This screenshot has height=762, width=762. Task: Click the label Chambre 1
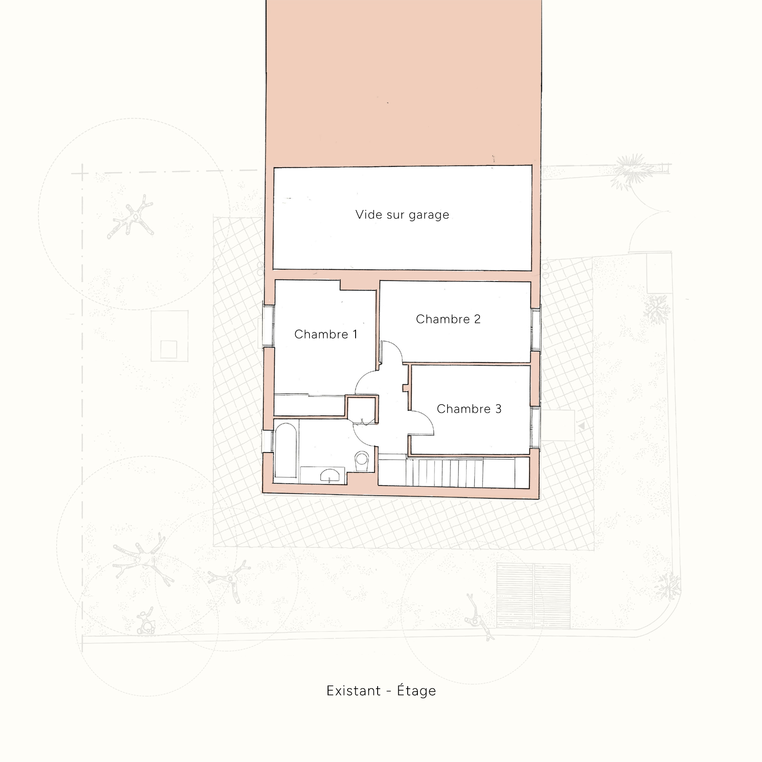[326, 334]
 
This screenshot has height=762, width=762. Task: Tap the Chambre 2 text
[448, 319]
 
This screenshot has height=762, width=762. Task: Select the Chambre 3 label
[469, 409]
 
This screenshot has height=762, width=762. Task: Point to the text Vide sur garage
[402, 215]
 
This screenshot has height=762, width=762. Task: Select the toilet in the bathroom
[362, 460]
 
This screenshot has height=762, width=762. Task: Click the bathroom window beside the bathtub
[268, 442]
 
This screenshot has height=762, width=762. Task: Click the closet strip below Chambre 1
[309, 405]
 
